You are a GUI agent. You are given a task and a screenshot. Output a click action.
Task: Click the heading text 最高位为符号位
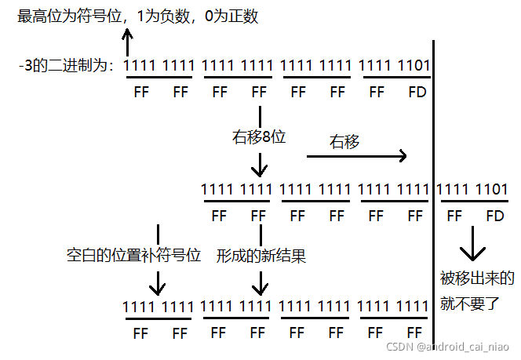coord(67,16)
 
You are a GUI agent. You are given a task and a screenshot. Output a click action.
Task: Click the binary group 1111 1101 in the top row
coord(395,67)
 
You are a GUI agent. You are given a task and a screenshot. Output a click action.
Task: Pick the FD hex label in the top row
coord(417,93)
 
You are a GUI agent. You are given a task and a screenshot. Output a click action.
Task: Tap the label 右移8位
coord(259,137)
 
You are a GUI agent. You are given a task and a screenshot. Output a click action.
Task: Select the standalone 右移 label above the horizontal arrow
coord(345,141)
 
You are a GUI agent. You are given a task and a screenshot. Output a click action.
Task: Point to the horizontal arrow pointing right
coord(357,156)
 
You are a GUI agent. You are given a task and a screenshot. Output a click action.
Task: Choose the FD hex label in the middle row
coord(494,216)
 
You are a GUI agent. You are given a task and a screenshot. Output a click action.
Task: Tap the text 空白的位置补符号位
coord(134,255)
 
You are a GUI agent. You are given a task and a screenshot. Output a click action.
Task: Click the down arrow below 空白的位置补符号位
coord(158,281)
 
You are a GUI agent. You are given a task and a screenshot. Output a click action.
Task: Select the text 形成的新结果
coord(261,255)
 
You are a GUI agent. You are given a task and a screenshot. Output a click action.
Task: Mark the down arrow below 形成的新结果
coord(259,281)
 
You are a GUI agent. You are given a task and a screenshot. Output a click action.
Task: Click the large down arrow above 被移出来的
coord(472,245)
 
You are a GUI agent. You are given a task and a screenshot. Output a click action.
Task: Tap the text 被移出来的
coord(478,278)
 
